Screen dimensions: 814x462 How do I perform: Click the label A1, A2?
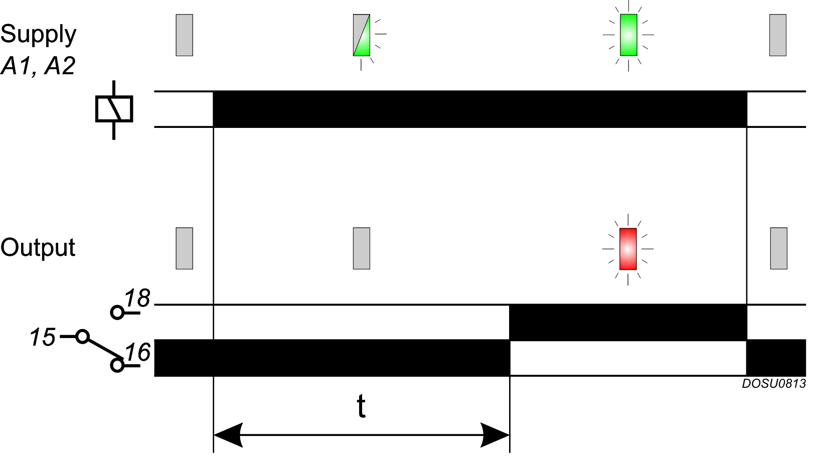(38, 66)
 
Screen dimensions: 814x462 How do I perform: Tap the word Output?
(38, 247)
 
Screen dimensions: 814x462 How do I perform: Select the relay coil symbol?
(114, 109)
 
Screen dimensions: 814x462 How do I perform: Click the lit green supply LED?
(628, 35)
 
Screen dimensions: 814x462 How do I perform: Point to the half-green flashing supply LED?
(362, 35)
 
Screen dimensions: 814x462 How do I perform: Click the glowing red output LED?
(628, 249)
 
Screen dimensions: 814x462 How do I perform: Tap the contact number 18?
(137, 298)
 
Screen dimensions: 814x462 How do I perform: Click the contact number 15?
(43, 337)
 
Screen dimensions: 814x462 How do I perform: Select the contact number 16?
(138, 352)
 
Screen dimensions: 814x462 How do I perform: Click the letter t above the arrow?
(361, 406)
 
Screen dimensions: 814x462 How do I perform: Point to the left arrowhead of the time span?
(228, 435)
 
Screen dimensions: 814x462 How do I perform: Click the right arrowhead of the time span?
(495, 435)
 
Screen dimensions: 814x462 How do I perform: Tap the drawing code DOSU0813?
(774, 383)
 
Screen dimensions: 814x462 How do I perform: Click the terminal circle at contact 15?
(82, 337)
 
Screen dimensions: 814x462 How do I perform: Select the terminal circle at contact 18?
(117, 313)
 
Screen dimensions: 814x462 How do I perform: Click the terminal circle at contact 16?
(117, 365)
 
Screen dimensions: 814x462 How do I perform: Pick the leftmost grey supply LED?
(184, 35)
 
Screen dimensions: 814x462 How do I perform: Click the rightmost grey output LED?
(779, 249)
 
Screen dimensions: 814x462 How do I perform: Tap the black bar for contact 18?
(628, 323)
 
